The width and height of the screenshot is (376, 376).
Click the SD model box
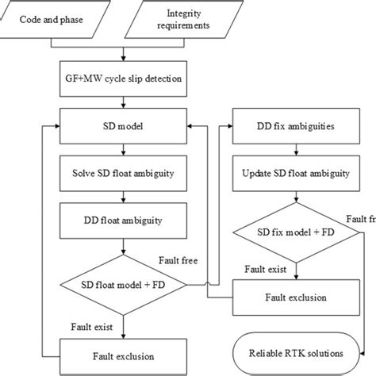[123, 125]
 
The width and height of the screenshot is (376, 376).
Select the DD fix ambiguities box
[294, 125]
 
